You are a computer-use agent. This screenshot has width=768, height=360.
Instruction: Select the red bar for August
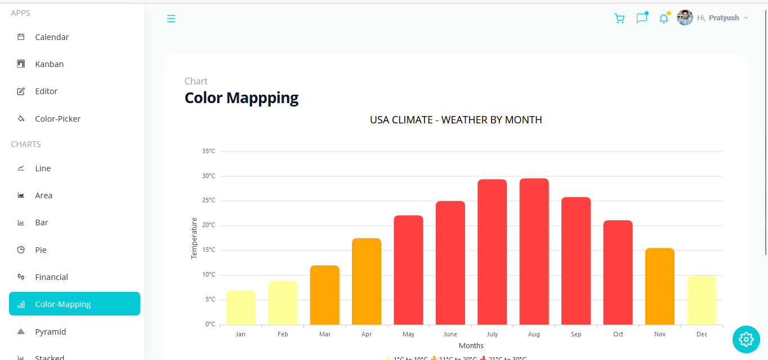(534, 251)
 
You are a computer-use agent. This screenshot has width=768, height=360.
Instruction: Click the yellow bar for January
(240, 308)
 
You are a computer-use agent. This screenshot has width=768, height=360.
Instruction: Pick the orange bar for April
(367, 282)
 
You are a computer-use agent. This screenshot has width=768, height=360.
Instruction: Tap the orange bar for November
(659, 286)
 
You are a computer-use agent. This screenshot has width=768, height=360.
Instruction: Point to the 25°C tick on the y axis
(208, 201)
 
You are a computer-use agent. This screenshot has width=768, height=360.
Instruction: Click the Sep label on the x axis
(576, 334)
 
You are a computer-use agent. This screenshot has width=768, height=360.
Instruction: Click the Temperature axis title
(194, 238)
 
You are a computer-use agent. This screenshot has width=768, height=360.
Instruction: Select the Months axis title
(471, 345)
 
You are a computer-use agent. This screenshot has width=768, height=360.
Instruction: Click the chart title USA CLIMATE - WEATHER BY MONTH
(456, 120)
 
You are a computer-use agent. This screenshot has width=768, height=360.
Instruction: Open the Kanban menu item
(50, 64)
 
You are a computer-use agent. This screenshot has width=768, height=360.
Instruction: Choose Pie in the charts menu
(41, 250)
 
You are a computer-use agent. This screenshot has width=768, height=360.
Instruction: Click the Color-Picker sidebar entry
(57, 119)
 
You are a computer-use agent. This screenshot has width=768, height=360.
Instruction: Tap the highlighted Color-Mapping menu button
(74, 304)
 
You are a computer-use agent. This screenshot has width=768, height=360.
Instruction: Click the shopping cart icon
(619, 19)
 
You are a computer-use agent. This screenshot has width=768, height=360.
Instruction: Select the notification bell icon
(664, 19)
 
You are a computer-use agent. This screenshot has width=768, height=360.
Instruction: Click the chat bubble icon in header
(642, 19)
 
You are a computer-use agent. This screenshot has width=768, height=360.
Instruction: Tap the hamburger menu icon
(171, 19)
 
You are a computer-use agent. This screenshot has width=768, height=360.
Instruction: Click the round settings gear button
(746, 339)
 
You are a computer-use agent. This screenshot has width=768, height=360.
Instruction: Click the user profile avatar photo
(685, 18)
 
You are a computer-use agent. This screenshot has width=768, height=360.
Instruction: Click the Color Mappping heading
(242, 98)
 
